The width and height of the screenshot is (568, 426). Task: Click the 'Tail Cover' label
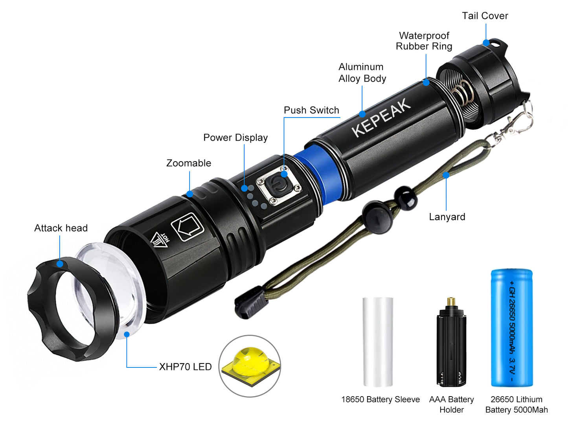click(485, 16)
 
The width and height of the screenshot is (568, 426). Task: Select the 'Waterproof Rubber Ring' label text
click(424, 41)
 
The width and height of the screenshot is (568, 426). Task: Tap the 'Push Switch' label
click(311, 110)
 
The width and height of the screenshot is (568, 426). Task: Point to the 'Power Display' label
click(235, 138)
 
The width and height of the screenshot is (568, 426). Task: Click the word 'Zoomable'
click(188, 163)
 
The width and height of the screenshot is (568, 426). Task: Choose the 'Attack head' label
click(61, 228)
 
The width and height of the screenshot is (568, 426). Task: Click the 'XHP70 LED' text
click(185, 367)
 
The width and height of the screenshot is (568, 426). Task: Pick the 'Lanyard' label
click(447, 217)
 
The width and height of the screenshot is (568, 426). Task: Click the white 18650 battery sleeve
click(378, 342)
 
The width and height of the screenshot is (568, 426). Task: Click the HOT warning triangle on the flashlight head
click(160, 240)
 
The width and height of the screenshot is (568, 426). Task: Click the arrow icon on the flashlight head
click(187, 227)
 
